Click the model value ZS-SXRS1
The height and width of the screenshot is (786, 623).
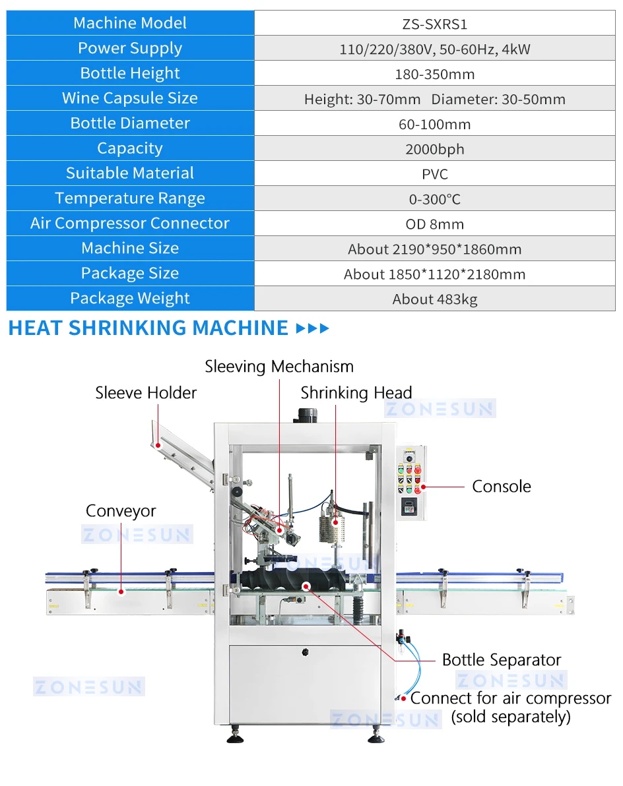pyautogui.click(x=434, y=24)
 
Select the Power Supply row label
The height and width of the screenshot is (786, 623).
pyautogui.click(x=130, y=48)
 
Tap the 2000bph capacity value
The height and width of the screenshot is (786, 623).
pyautogui.click(x=434, y=149)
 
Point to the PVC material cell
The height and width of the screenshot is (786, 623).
pyautogui.click(x=434, y=174)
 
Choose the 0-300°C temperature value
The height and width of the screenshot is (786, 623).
pyautogui.click(x=434, y=199)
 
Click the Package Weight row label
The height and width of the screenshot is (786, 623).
pyautogui.click(x=130, y=298)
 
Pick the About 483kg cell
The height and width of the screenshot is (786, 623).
pyautogui.click(x=434, y=299)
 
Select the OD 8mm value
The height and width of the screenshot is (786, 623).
pyautogui.click(x=434, y=224)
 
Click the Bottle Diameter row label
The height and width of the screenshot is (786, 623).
pyautogui.click(x=130, y=123)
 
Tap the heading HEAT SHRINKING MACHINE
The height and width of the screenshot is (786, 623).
pyautogui.click(x=148, y=328)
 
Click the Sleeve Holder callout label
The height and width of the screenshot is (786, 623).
pyautogui.click(x=146, y=393)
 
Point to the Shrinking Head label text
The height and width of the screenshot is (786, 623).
pyautogui.click(x=356, y=394)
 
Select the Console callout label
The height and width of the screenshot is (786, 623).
pyautogui.click(x=501, y=487)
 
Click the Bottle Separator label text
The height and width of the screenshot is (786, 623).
pyautogui.click(x=501, y=660)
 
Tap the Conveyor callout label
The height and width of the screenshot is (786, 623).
pyautogui.click(x=121, y=511)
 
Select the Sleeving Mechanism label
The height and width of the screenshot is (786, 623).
pyautogui.click(x=279, y=367)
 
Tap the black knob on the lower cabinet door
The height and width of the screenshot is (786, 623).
pyautogui.click(x=306, y=652)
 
